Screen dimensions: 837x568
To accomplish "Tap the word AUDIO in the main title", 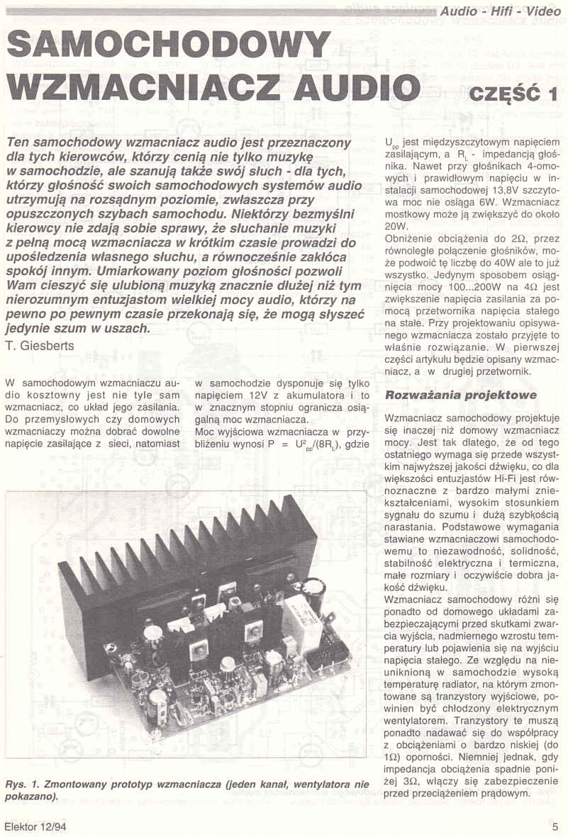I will click(x=352, y=87).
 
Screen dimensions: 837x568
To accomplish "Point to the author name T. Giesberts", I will click(x=40, y=345).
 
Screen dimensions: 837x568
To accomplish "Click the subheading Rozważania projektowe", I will click(x=460, y=395).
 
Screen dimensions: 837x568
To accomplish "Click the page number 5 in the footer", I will click(x=555, y=826).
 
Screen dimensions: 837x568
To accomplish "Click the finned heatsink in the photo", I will click(x=191, y=560).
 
